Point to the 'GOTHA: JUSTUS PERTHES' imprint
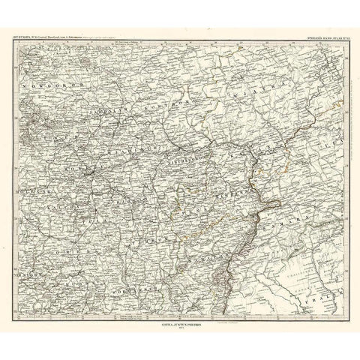(x=180, y=322)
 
